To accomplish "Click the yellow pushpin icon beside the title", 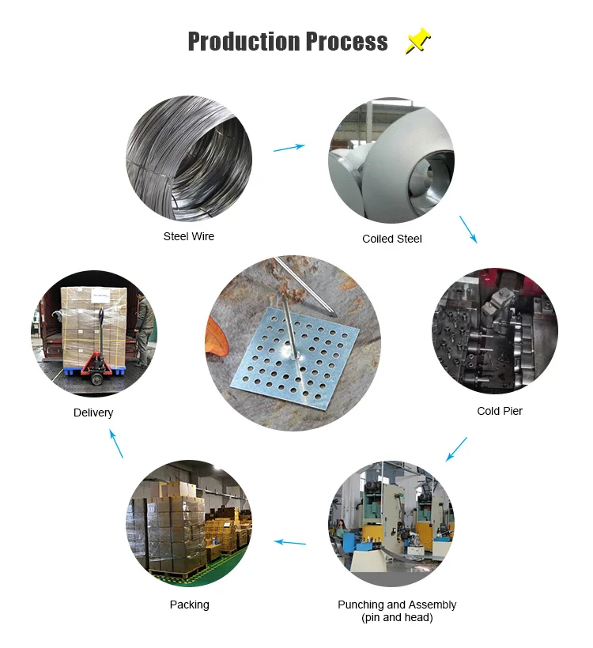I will point(417,41).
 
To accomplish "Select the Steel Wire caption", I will point(189,236).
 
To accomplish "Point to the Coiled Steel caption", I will point(392,239).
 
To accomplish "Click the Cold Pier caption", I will point(500,411).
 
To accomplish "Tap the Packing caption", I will point(190,605).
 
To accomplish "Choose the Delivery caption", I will point(93,413).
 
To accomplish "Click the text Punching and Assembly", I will point(397,605).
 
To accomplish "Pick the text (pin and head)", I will point(397,617).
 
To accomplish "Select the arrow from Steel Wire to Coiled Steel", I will point(289,148).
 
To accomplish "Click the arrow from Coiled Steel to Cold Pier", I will point(468,228).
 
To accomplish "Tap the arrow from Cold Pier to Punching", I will point(456,449).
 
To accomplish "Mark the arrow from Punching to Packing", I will point(289,542).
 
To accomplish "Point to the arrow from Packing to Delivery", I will point(116,443).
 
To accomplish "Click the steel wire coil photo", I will point(189,159).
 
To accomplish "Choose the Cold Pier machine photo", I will point(495,330).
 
